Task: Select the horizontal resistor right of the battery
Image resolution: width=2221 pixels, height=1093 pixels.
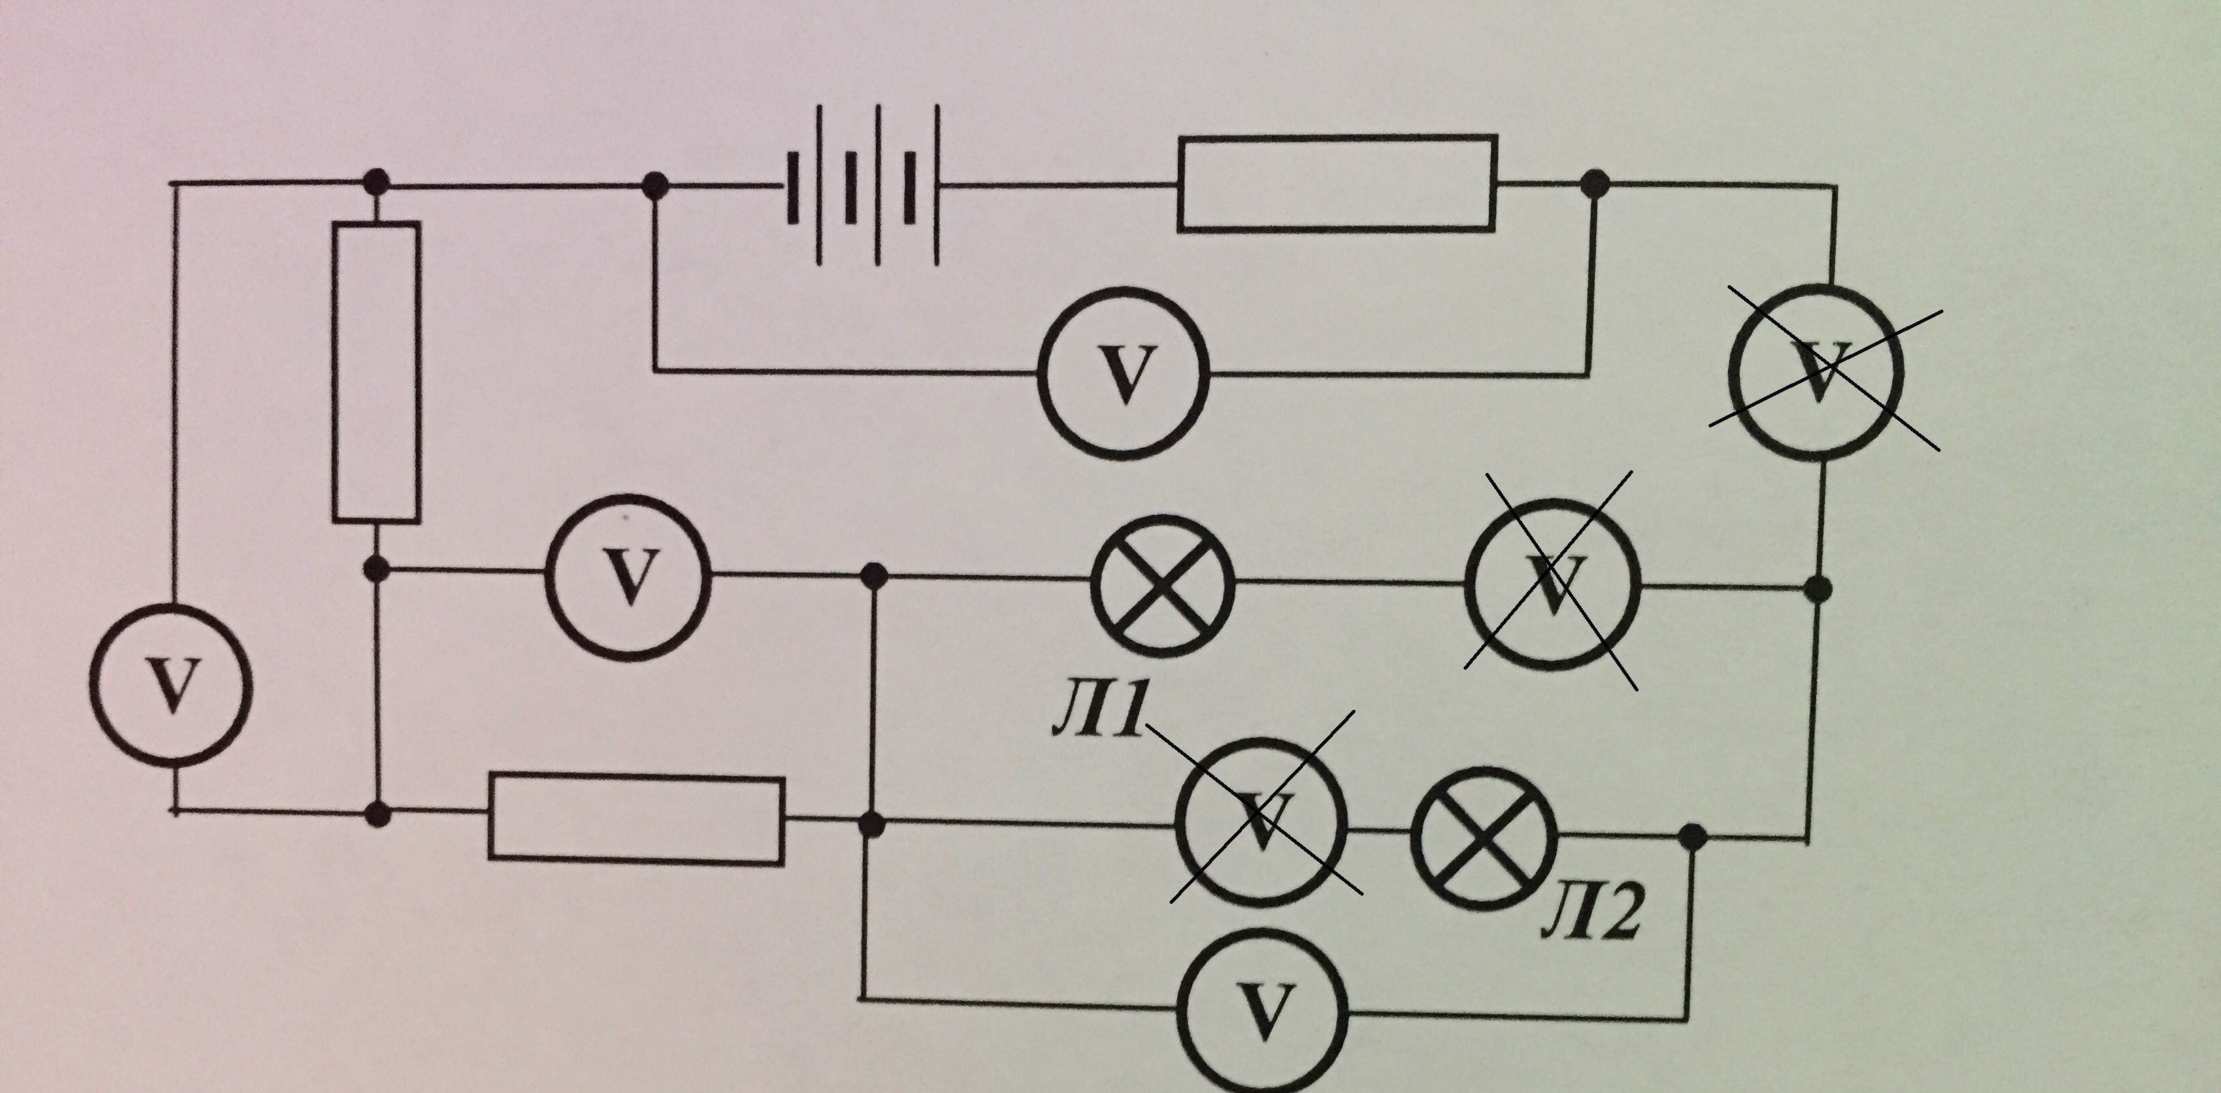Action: (x=1336, y=183)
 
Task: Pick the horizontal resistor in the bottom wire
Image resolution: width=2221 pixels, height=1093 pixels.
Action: (x=636, y=819)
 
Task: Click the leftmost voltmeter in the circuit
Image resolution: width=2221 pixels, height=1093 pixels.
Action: (x=171, y=686)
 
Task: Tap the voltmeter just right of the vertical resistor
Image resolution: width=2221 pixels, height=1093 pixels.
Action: (x=629, y=576)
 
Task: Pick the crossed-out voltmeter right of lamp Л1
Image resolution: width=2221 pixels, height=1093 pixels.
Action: (x=1552, y=584)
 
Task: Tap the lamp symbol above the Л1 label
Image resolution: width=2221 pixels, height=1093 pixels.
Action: (x=1162, y=584)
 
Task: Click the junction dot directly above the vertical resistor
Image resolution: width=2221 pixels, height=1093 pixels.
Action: (x=376, y=182)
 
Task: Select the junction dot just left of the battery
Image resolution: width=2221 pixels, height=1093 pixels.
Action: (x=655, y=184)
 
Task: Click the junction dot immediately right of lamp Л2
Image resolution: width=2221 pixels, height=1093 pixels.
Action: (x=1694, y=835)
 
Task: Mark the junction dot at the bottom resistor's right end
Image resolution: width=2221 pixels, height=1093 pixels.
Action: (x=872, y=825)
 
